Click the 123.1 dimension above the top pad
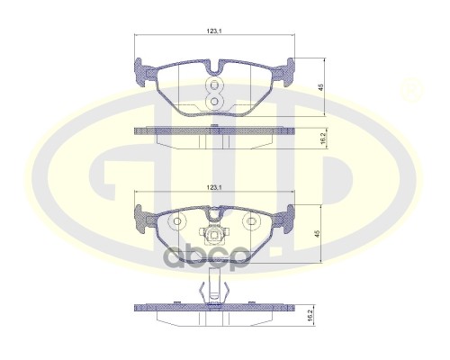pos(213,31)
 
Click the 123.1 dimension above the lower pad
pos(213,187)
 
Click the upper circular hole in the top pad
pos(215,85)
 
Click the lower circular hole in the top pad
pos(215,99)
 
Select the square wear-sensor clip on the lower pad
pos(214,238)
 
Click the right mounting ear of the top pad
pos(288,67)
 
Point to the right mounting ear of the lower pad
pos(288,217)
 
